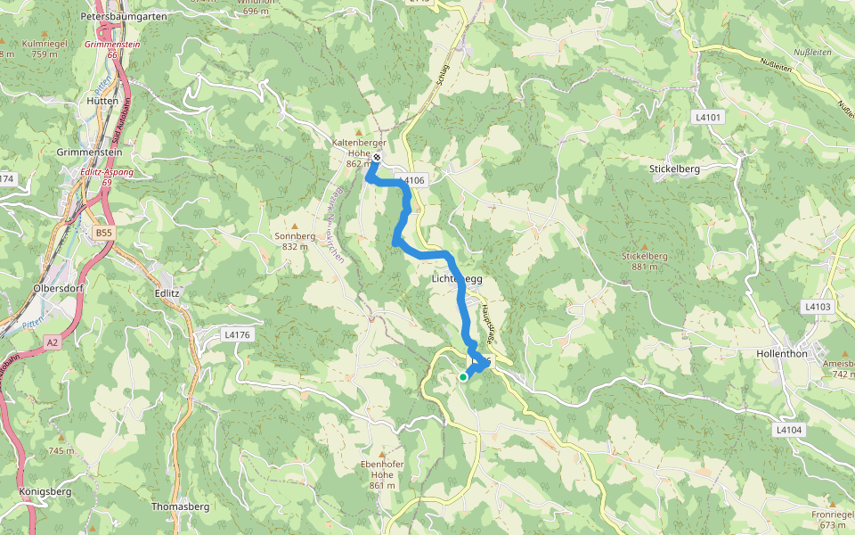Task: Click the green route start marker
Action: (x=463, y=377)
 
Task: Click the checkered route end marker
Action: (x=377, y=158)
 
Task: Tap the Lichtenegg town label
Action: (x=457, y=279)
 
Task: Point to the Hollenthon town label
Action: (x=782, y=353)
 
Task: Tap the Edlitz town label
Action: (x=167, y=292)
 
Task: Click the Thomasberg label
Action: (x=180, y=506)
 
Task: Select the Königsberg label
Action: (x=45, y=491)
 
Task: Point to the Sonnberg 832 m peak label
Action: (x=295, y=241)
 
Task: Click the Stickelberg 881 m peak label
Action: (x=644, y=260)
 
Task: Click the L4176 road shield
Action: (x=236, y=334)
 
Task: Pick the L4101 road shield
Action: (x=709, y=117)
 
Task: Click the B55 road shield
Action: (x=104, y=233)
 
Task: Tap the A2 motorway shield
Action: (x=53, y=342)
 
